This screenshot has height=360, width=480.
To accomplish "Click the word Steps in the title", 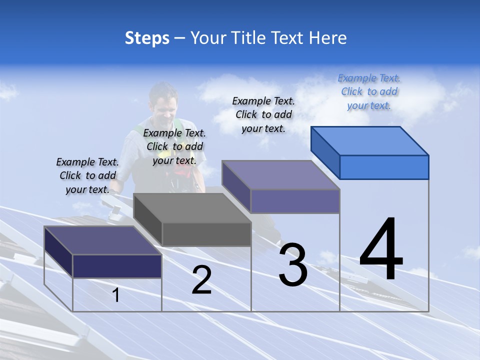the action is pos(147,38).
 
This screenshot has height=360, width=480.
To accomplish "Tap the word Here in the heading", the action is pos(328,38).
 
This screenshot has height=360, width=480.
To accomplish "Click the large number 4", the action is pos(381,250).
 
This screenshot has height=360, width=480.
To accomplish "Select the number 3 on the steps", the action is pos(293,265).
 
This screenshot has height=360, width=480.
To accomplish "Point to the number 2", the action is pos(201,280).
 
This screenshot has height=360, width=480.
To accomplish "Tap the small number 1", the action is pos(116,295).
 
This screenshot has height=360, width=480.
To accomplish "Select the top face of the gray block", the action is pos(192,208).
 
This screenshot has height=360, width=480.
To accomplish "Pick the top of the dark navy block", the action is pos(103,240).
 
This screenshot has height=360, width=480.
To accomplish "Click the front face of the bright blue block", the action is pos(384,167).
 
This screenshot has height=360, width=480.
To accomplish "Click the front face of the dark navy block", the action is pos(117,266).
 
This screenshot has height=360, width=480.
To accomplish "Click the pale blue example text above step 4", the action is pos(369,91).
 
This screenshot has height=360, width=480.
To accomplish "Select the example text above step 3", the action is pos(263,114).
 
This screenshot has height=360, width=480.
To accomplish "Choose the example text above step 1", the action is pos(87,175).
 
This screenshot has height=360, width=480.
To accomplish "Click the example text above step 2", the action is pos(174,146).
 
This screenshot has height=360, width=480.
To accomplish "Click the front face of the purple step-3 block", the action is pos(295,201).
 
